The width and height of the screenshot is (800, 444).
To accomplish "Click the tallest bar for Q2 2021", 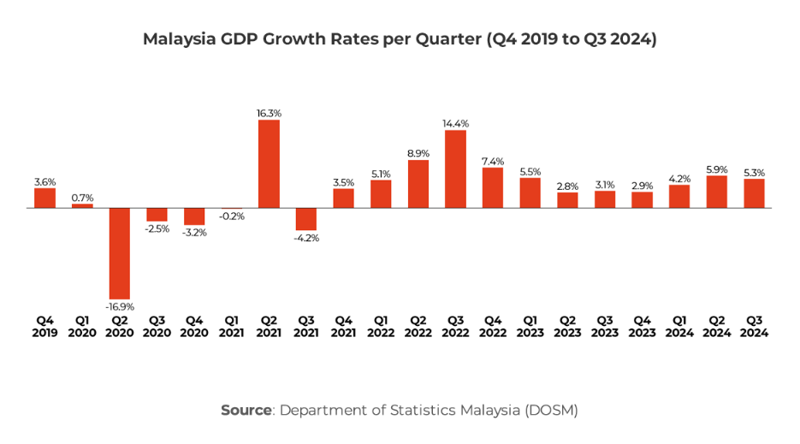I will [x=269, y=163].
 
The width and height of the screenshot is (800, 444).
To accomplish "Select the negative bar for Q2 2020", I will [x=120, y=253].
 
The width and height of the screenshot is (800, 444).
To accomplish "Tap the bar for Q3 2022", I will [x=455, y=169].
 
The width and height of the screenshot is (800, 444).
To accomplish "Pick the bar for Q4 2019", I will [x=45, y=198].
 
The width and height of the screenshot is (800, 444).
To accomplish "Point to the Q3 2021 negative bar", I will [x=306, y=219].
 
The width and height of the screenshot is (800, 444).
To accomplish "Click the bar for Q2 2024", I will [x=717, y=192].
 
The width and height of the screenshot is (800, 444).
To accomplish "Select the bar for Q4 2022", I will [x=493, y=187].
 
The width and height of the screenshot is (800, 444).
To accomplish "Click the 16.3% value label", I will [x=269, y=112].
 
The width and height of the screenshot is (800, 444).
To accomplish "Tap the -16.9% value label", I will [x=120, y=306].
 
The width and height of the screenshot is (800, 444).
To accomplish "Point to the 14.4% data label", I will [x=455, y=123].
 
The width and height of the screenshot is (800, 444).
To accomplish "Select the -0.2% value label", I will [x=231, y=216].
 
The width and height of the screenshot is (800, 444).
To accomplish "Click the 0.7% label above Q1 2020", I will [x=83, y=198].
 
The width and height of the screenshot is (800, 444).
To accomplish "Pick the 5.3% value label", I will [x=754, y=172].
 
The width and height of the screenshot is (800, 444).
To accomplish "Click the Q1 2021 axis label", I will [x=231, y=327].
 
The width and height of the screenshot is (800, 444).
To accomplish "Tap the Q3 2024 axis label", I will [x=754, y=327].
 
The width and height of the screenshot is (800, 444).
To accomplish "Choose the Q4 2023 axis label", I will [x=642, y=327].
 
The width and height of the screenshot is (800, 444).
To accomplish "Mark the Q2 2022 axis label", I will [x=418, y=327].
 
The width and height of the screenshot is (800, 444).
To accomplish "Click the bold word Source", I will [x=246, y=410].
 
